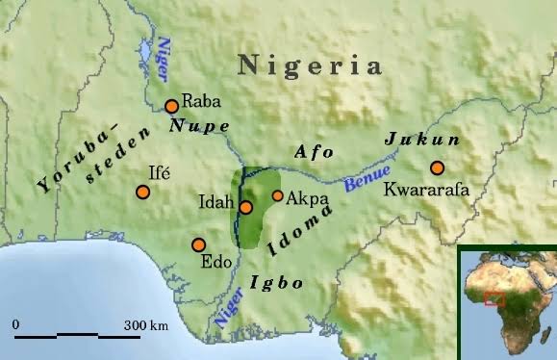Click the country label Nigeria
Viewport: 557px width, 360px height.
pyautogui.click(x=310, y=65)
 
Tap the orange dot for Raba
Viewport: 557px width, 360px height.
pyautogui.click(x=171, y=107)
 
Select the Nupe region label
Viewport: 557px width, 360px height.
pyautogui.click(x=199, y=126)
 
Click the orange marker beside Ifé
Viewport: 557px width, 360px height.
pyautogui.click(x=142, y=192)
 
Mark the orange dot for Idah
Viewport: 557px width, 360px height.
pyautogui.click(x=246, y=207)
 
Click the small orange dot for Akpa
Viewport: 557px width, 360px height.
pyautogui.click(x=278, y=196)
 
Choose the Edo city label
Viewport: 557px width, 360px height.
pyautogui.click(x=214, y=261)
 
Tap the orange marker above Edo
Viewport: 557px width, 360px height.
pyautogui.click(x=199, y=244)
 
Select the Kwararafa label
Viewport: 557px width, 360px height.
pyautogui.click(x=426, y=191)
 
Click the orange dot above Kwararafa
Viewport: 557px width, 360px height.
pyautogui.click(x=438, y=167)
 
